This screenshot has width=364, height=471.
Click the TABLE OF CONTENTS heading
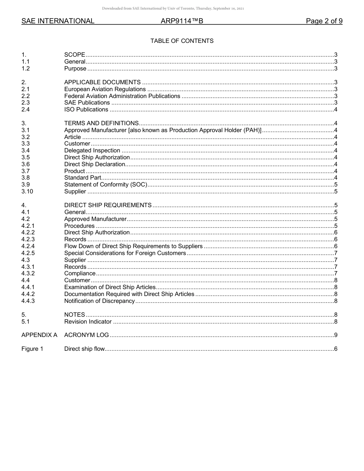click(x=182, y=41)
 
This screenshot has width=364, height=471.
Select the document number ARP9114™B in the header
click(x=182, y=21)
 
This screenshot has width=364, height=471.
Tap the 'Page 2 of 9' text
click(x=324, y=21)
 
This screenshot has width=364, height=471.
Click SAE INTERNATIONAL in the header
click(x=58, y=21)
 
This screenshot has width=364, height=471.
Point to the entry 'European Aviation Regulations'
click(x=105, y=89)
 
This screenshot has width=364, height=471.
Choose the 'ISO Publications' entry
click(x=86, y=110)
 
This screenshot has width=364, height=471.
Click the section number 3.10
click(x=27, y=191)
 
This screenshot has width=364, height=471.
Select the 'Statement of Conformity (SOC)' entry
click(x=105, y=185)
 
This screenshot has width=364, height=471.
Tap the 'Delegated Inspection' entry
click(x=92, y=150)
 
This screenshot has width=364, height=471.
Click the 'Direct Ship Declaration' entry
click(x=95, y=164)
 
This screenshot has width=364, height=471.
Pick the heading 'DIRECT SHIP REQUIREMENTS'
click(x=108, y=205)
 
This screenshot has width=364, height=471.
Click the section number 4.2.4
click(x=28, y=246)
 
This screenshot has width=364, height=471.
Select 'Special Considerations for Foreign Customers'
click(x=125, y=253)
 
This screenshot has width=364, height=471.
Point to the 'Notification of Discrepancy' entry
click(x=99, y=301)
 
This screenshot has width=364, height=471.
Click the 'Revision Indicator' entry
click(x=88, y=322)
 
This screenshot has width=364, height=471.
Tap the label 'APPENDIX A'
click(x=39, y=335)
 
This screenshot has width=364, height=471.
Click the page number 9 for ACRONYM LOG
click(x=336, y=335)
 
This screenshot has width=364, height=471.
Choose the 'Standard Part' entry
click(x=82, y=178)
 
